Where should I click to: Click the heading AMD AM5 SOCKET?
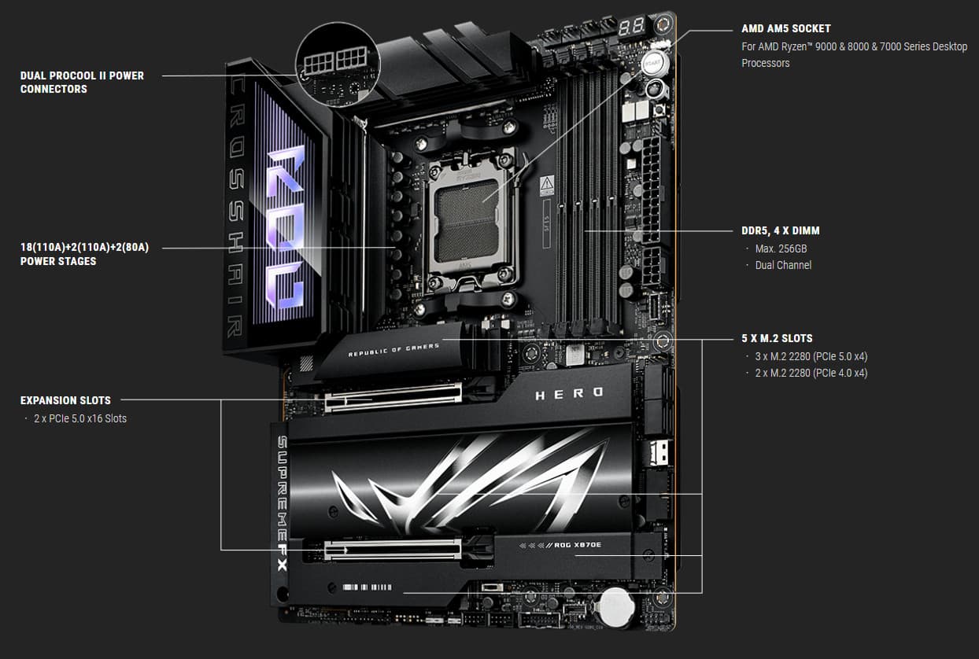click(786, 29)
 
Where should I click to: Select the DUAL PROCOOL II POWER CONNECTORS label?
click(82, 82)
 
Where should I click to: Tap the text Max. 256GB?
click(781, 249)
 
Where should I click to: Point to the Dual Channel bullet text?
click(783, 265)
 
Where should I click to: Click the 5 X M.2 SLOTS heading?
click(777, 338)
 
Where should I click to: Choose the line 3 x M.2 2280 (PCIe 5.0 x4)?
click(811, 357)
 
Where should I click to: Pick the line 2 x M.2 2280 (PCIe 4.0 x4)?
click(811, 373)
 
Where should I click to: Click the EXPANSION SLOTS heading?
click(65, 400)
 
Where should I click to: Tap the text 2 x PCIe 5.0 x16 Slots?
click(80, 418)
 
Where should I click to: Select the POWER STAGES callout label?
click(84, 254)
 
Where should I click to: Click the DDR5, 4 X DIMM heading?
click(780, 230)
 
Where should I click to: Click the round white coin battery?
click(617, 606)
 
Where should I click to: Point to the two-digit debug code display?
click(631, 28)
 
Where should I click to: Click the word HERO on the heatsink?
click(569, 393)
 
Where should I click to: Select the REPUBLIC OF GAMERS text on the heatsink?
click(393, 350)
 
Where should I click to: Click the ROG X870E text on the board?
click(577, 545)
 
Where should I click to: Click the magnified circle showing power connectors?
click(338, 64)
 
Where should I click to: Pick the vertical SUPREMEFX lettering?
click(283, 503)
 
